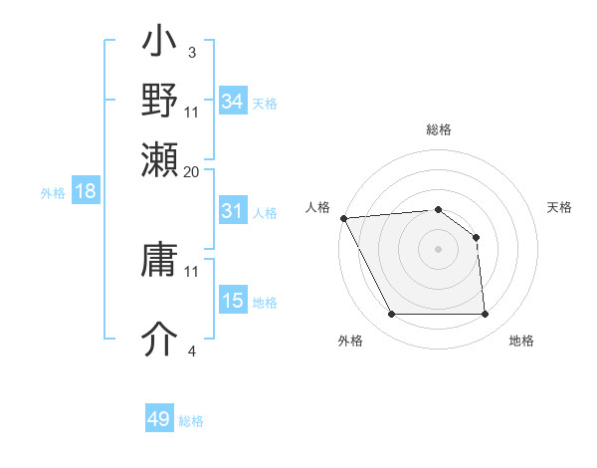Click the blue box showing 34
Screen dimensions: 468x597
pyautogui.click(x=232, y=102)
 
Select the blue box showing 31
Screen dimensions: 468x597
pyautogui.click(x=232, y=211)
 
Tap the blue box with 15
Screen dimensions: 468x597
pyautogui.click(x=232, y=301)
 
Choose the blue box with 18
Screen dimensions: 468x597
pyautogui.click(x=86, y=192)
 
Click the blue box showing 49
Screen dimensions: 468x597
pyautogui.click(x=158, y=419)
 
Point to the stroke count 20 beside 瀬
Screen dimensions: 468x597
pyautogui.click(x=191, y=171)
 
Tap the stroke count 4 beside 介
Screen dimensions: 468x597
pyautogui.click(x=191, y=351)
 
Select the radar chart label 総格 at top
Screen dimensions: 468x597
pyautogui.click(x=438, y=129)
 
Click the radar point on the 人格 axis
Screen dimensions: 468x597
pyautogui.click(x=343, y=218)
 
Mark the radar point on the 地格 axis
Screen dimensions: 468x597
pyautogui.click(x=485, y=315)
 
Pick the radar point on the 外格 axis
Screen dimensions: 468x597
pyautogui.click(x=391, y=315)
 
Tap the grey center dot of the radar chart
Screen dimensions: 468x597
pyautogui.click(x=438, y=249)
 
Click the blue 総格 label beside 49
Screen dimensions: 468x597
pyautogui.click(x=191, y=421)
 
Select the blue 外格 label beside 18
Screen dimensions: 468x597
pyautogui.click(x=53, y=193)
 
